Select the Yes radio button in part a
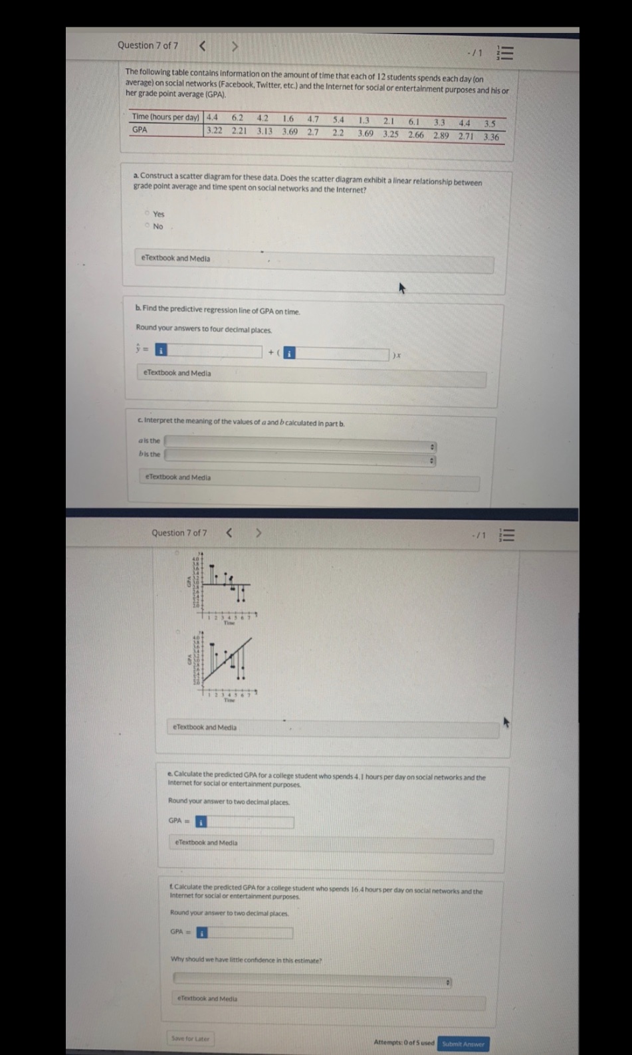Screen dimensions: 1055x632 (147, 213)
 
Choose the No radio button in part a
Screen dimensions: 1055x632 (147, 226)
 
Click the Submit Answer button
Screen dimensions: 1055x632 (463, 1044)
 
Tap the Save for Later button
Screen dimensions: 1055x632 (190, 1038)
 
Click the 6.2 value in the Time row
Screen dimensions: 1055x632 (237, 118)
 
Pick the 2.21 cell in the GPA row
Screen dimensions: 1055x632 (239, 130)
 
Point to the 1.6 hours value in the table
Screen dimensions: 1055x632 (288, 119)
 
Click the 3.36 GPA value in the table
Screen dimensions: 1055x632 (491, 137)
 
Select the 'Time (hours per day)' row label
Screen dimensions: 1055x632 (165, 117)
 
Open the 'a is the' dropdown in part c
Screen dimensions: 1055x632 (300, 441)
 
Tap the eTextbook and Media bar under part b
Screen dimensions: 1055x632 (312, 374)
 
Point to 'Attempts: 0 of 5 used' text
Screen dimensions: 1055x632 (403, 1042)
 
